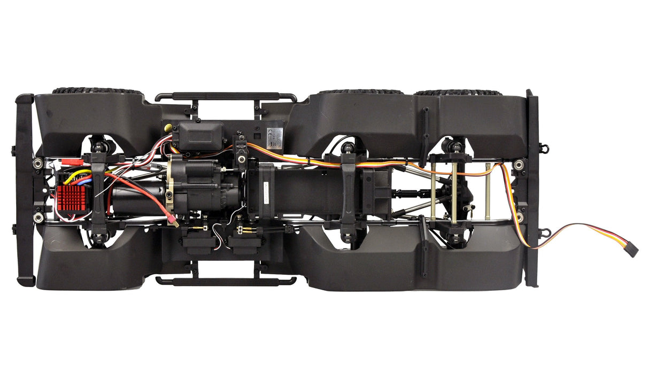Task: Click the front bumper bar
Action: click(x=25, y=190)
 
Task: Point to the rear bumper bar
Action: click(x=532, y=188)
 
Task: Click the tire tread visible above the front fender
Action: click(x=96, y=91)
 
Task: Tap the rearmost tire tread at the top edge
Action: click(x=458, y=92)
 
